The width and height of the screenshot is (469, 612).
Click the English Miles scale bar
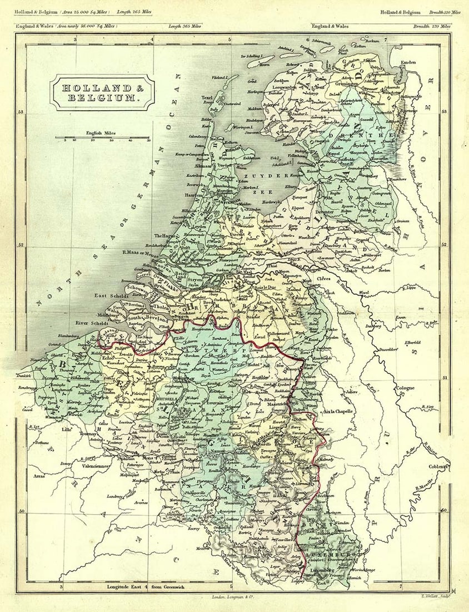coord(105,137)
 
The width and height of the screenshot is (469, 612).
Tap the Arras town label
coord(38,476)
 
